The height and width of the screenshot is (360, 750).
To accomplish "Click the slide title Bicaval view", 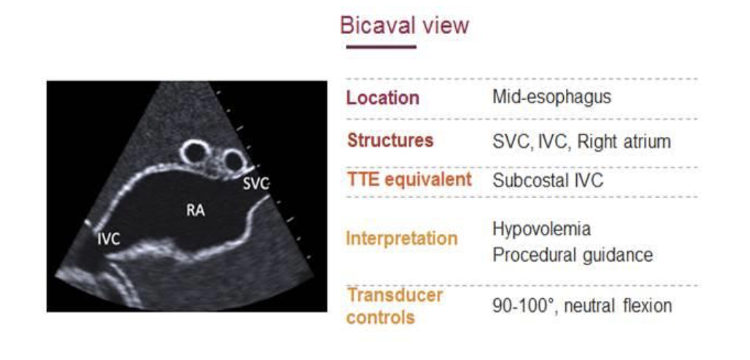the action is click(x=405, y=26).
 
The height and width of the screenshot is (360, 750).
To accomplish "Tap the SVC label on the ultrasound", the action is click(x=257, y=183).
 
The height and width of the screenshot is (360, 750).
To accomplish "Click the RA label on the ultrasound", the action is click(x=196, y=210).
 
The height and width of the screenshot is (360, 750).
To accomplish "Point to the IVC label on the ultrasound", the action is click(x=109, y=240).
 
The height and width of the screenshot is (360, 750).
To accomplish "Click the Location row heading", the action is click(x=383, y=98).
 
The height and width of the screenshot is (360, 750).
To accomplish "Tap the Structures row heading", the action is click(x=390, y=141).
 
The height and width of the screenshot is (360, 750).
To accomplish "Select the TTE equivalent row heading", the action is click(x=409, y=180).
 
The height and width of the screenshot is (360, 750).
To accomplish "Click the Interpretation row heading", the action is click(x=402, y=238).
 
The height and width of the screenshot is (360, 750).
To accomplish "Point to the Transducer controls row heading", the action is click(x=394, y=305).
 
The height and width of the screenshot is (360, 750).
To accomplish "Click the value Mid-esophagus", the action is click(x=552, y=98).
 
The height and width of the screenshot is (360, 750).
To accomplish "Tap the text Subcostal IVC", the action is click(x=548, y=181).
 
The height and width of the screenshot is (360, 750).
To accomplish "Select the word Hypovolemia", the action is click(x=542, y=229).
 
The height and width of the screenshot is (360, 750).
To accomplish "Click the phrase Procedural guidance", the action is click(x=573, y=255).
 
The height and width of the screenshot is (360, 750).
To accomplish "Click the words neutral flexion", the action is click(x=618, y=305).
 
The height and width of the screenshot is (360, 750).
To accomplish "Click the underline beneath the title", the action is click(x=381, y=47).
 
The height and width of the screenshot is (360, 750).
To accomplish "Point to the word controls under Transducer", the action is click(x=381, y=317).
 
